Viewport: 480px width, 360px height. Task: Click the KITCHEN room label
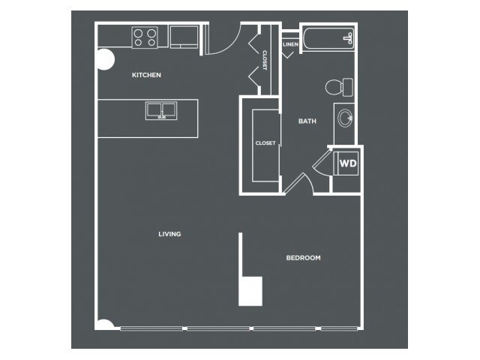146,75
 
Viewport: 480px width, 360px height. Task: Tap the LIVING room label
169,234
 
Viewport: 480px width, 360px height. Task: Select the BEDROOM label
303,258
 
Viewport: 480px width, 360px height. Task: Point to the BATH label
307,121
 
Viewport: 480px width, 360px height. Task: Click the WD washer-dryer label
348,163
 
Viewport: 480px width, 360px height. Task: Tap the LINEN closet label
290,44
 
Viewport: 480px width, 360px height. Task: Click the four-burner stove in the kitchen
145,37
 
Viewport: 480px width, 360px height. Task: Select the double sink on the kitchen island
161,110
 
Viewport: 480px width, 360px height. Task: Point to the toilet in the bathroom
339,87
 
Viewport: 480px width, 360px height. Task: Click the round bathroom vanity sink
345,118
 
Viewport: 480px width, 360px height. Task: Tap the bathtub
328,38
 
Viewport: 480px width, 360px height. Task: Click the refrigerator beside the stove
184,37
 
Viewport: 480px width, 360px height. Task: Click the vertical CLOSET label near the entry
265,60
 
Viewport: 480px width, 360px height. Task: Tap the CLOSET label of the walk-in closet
265,143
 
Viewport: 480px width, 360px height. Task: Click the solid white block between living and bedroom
250,291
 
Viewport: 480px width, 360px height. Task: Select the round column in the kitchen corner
106,60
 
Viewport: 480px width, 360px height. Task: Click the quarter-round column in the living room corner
105,325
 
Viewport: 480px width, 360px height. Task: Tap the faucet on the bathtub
349,38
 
